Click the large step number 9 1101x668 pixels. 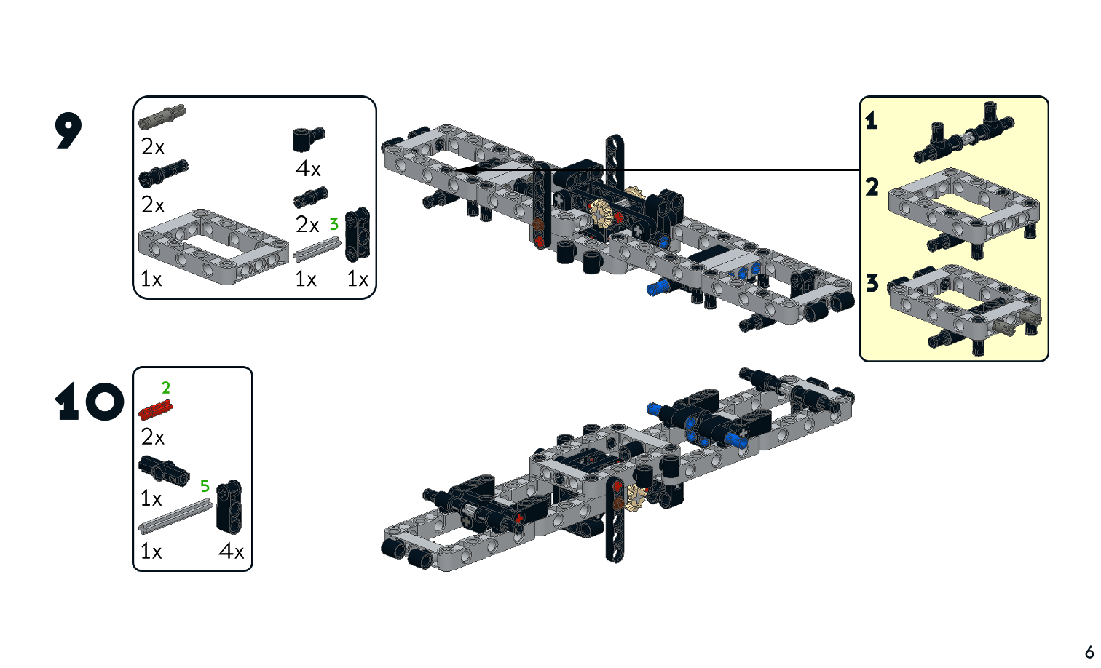click(68, 131)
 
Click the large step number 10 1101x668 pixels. click(89, 402)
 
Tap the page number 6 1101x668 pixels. click(1089, 651)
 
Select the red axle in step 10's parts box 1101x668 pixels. click(155, 411)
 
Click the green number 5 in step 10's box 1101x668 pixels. click(205, 486)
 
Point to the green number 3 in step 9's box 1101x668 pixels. click(334, 224)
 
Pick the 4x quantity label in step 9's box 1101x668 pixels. click(307, 169)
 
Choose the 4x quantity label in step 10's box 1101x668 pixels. click(231, 552)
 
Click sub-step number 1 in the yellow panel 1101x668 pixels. click(871, 120)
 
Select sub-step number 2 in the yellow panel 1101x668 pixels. click(872, 187)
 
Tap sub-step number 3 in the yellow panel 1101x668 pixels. click(872, 282)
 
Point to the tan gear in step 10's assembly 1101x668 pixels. click(635, 497)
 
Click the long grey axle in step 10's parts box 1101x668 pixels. click(175, 517)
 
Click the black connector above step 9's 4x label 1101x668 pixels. click(308, 138)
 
